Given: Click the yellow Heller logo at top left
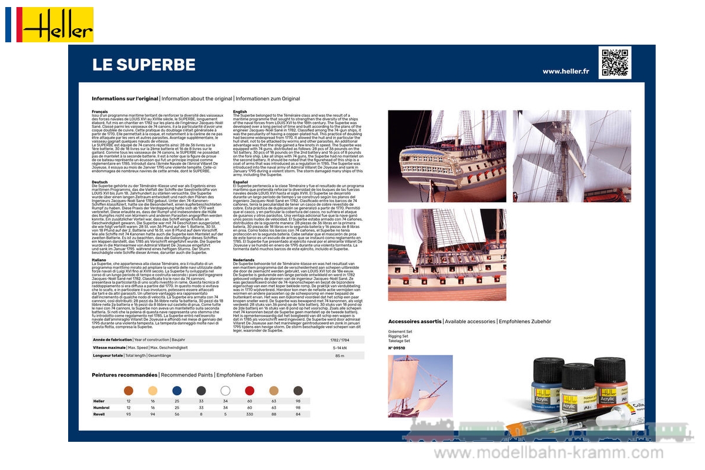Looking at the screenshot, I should click(58, 25).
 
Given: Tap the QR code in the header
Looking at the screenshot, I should click(615, 63).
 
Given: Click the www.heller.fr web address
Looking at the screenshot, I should click(565, 71).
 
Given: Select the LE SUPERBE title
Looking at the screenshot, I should click(144, 65).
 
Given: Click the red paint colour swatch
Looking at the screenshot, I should click(249, 391).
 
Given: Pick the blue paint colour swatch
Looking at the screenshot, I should click(177, 391).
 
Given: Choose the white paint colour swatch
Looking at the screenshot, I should click(225, 391).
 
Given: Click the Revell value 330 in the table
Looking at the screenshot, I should click(249, 414).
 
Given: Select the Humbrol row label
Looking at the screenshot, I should click(101, 407).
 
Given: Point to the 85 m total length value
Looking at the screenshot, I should click(339, 355).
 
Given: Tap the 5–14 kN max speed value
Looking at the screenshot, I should click(339, 348).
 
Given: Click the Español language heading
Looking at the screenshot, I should click(241, 182).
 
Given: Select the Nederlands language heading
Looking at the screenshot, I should click(244, 260).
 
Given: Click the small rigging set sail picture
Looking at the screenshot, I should click(420, 386).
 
